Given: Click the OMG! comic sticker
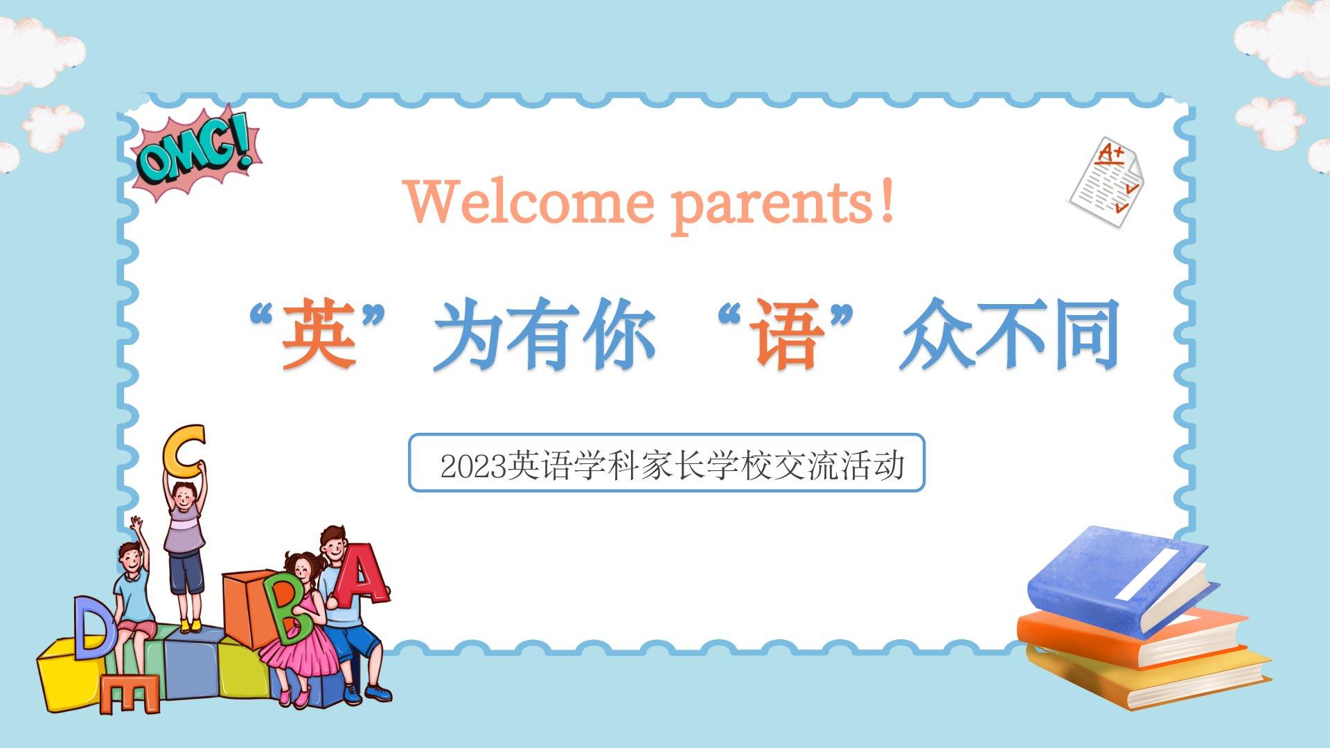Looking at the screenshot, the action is [196, 154].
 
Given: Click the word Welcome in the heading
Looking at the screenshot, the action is [529, 202].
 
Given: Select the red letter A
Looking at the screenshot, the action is [360, 575].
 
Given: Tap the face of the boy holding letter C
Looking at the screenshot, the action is [184, 497].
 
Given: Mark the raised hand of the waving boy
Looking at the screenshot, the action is [136, 524].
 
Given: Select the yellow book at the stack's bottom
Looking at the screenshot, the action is [1150, 679].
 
